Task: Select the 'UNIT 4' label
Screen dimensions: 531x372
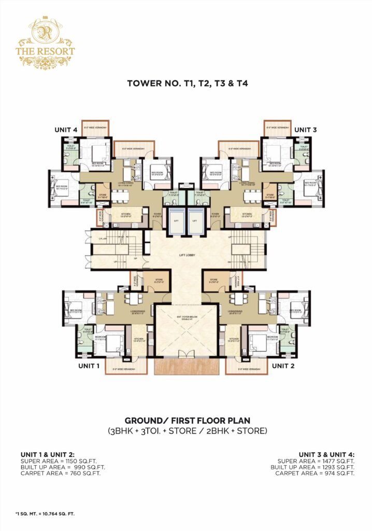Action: tap(67, 129)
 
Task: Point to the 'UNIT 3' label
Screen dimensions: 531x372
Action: tap(306, 129)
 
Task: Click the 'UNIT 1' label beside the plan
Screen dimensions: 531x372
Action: tap(89, 366)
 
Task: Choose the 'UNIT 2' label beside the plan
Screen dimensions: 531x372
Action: tap(283, 366)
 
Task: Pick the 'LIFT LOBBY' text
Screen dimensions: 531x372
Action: tap(185, 256)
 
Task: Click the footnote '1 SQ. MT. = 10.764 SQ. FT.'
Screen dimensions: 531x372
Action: tap(45, 513)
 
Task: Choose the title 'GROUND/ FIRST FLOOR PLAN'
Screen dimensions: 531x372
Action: tap(186, 420)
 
